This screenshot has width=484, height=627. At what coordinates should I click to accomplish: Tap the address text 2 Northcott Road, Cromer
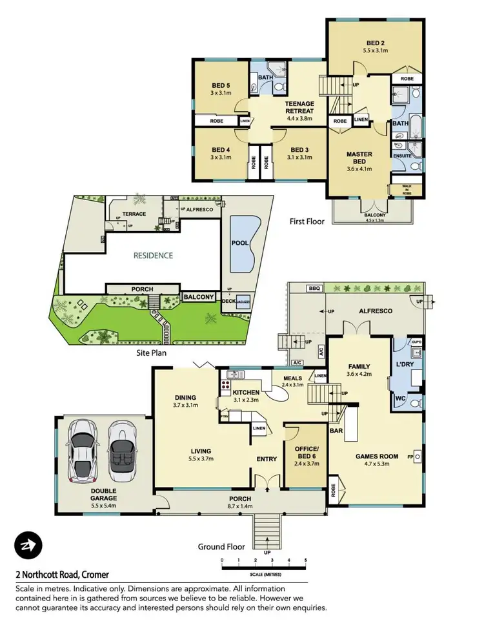click(x=63, y=574)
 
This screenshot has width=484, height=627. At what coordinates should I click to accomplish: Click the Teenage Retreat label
click(x=299, y=107)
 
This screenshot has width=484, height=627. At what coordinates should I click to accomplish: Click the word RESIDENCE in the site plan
click(x=153, y=255)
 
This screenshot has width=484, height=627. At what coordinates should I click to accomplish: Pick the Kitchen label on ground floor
click(x=245, y=393)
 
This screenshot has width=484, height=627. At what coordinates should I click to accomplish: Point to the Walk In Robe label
click(x=406, y=189)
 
